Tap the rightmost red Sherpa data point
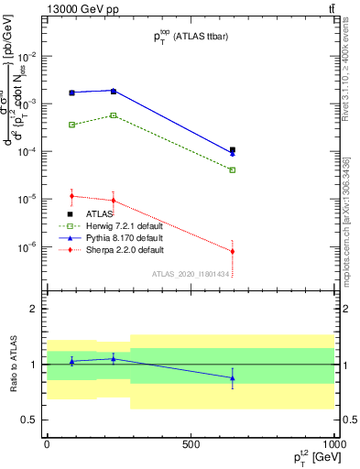coord(233,251)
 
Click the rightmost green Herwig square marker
coord(233,169)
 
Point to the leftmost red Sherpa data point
coord(71,195)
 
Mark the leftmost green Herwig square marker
coord(71,125)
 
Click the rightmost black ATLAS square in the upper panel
coord(233,149)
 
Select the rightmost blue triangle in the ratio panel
coord(233,377)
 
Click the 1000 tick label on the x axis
coord(333,444)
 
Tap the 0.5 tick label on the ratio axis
coord(33,420)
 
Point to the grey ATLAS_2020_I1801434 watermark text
coord(190,273)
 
